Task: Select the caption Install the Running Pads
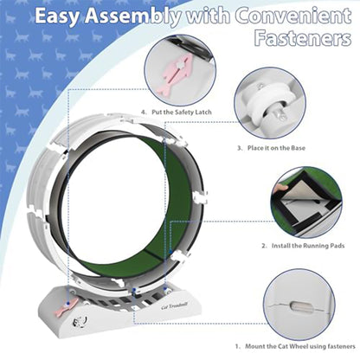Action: pyautogui.click(x=298, y=246)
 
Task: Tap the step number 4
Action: pyautogui.click(x=144, y=112)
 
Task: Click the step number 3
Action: pyautogui.click(x=240, y=148)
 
